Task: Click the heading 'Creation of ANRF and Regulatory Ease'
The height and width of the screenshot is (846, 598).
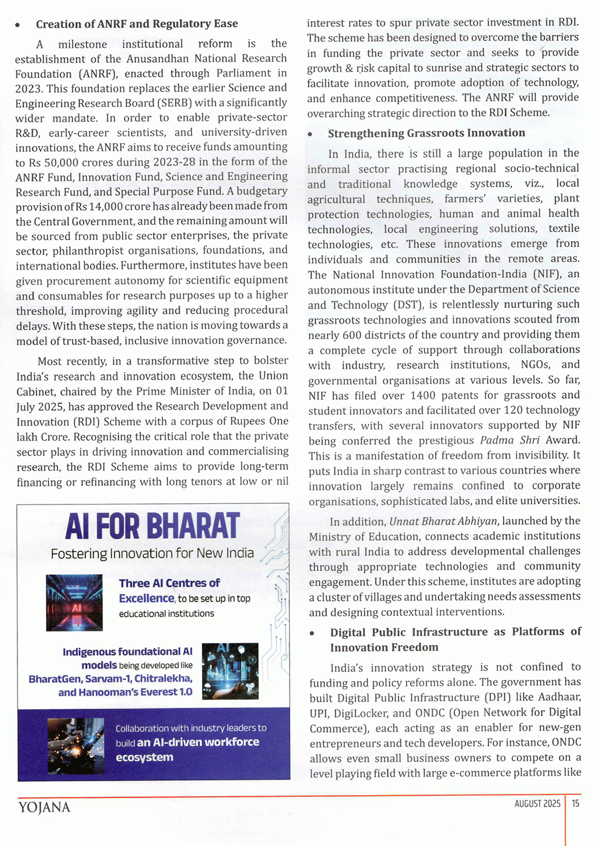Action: click(x=137, y=24)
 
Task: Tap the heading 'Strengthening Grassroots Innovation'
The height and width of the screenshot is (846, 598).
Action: click(x=426, y=133)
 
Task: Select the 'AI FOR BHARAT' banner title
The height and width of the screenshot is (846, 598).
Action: click(x=152, y=526)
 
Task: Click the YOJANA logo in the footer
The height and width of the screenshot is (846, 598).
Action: click(x=44, y=807)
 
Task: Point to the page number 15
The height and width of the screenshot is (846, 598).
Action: click(x=576, y=803)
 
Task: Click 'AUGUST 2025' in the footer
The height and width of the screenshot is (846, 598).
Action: click(x=537, y=804)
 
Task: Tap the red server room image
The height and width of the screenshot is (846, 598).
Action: click(x=74, y=602)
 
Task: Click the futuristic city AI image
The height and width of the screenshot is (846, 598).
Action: click(x=230, y=671)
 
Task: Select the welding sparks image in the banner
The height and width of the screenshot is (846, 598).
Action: click(x=76, y=746)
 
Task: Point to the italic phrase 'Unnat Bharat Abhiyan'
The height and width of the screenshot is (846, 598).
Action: click(x=443, y=521)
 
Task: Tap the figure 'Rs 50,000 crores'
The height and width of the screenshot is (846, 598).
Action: click(x=65, y=162)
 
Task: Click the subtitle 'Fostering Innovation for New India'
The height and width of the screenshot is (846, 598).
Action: click(x=152, y=554)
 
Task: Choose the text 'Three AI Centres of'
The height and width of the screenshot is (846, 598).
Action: click(x=169, y=583)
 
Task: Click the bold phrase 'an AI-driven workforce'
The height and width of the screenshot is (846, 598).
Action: click(x=198, y=742)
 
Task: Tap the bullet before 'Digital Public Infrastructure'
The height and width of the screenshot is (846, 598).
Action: click(x=313, y=633)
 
